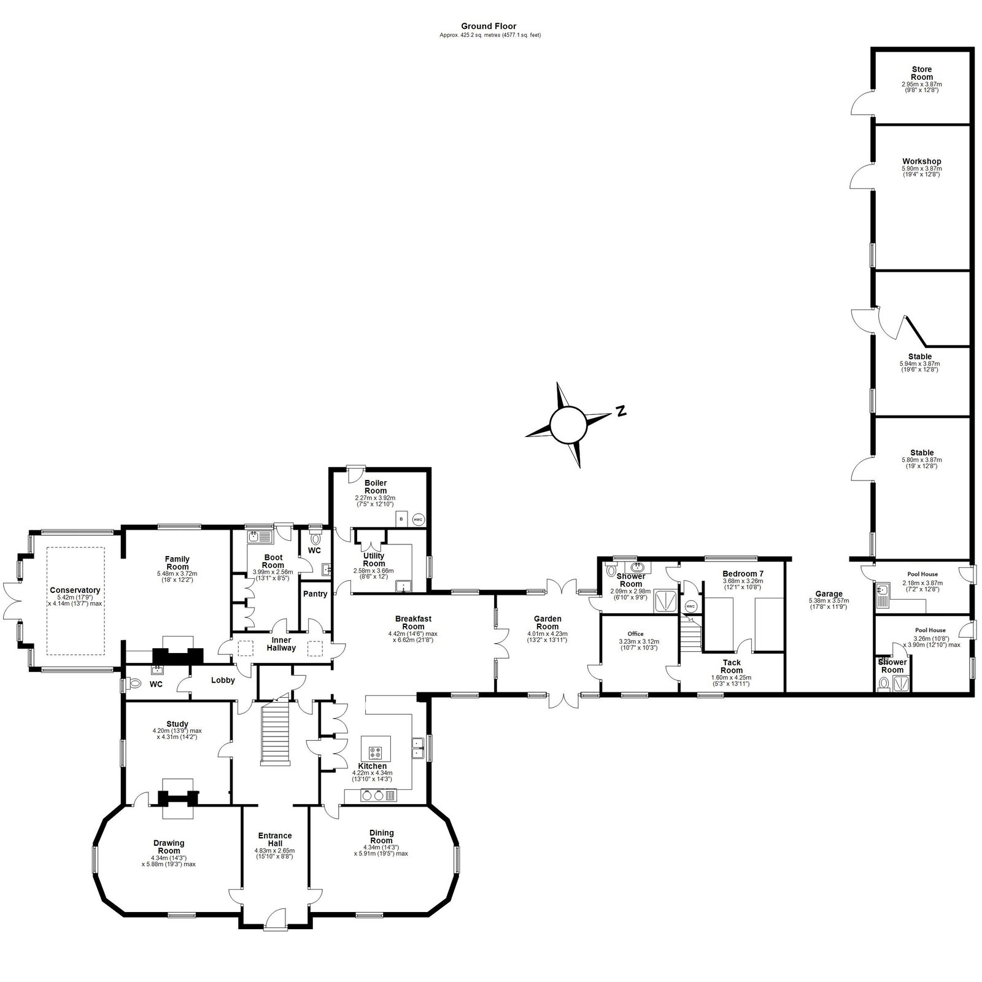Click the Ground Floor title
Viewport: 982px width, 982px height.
coord(489,26)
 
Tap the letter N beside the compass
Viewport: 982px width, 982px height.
coord(621,411)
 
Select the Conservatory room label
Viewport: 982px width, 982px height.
coord(75,590)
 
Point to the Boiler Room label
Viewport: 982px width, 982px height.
coord(376,487)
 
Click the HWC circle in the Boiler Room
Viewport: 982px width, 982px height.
coord(419,519)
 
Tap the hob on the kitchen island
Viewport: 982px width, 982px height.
coord(376,752)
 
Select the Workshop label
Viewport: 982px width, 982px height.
coord(921,161)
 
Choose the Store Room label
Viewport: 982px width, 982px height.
coord(921,74)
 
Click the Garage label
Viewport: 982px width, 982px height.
coord(829,593)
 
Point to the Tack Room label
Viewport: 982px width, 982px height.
coord(732,667)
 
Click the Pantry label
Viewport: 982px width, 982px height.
coord(315,594)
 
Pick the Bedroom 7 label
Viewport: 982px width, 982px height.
coord(743,574)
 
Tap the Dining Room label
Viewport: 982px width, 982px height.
coord(381,837)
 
